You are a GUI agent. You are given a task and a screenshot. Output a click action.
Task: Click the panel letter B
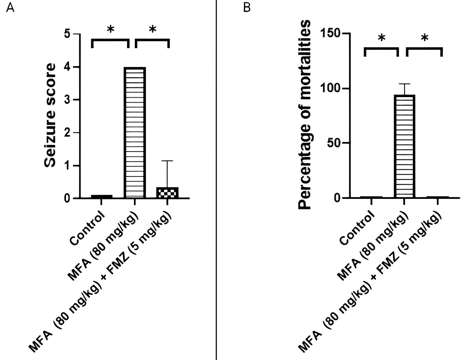click(x=247, y=8)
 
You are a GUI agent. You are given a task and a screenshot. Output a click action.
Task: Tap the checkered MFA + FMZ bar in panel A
click(x=168, y=193)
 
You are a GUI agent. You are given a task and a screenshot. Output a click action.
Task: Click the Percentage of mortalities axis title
click(x=306, y=115)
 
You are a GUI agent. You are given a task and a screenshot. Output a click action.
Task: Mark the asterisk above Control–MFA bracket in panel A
click(x=110, y=29)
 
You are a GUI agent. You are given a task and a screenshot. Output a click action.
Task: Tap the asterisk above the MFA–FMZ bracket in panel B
click(x=424, y=38)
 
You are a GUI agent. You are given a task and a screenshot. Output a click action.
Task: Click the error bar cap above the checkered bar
click(x=168, y=161)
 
